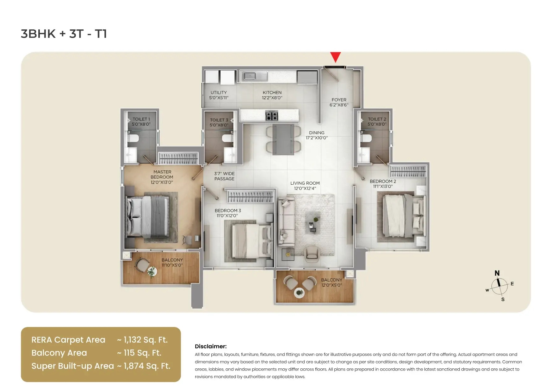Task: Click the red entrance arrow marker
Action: [335, 57]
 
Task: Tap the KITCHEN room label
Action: [272, 93]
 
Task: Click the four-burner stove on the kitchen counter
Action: [272, 116]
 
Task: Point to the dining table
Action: [283, 139]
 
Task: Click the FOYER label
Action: [339, 100]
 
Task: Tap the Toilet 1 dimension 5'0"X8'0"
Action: [141, 124]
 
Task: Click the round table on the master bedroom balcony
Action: [152, 272]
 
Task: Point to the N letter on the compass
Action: [497, 273]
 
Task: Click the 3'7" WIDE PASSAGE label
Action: [224, 176]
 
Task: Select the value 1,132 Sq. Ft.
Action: [145, 340]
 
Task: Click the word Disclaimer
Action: [211, 346]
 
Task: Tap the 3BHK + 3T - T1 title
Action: [64, 34]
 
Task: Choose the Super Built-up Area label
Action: [73, 366]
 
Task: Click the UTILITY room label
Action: [219, 93]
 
